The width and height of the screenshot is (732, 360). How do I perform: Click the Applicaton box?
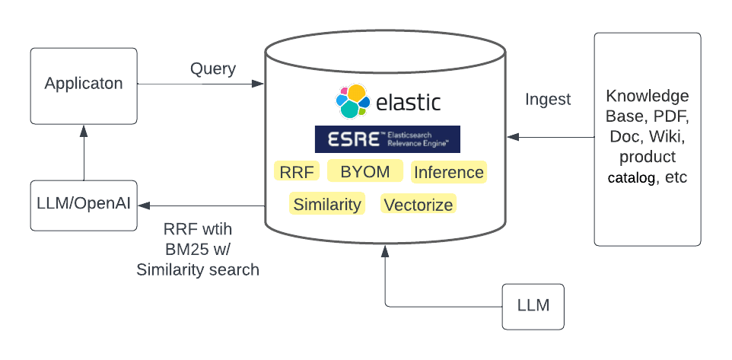click(x=84, y=84)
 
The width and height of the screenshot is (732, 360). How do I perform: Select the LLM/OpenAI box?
click(x=84, y=205)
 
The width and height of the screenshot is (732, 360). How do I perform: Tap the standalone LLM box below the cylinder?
click(x=533, y=306)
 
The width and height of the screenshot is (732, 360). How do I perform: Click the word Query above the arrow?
click(x=213, y=68)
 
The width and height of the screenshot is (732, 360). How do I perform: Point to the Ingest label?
click(x=548, y=99)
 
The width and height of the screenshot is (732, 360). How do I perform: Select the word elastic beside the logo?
click(x=408, y=103)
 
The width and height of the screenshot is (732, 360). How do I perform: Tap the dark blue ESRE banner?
click(x=387, y=139)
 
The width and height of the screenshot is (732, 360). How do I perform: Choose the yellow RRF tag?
click(x=297, y=172)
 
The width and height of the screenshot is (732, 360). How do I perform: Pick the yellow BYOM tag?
click(x=365, y=172)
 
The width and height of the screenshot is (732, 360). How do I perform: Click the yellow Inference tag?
click(x=448, y=173)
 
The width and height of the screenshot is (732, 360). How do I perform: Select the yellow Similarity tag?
click(x=328, y=204)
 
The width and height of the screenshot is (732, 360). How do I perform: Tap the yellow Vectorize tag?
click(x=419, y=204)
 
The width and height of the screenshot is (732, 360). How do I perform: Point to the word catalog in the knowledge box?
click(x=631, y=178)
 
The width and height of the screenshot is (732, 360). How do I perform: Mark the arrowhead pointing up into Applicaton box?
click(x=84, y=131)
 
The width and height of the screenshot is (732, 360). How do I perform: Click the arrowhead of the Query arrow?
click(x=259, y=84)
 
